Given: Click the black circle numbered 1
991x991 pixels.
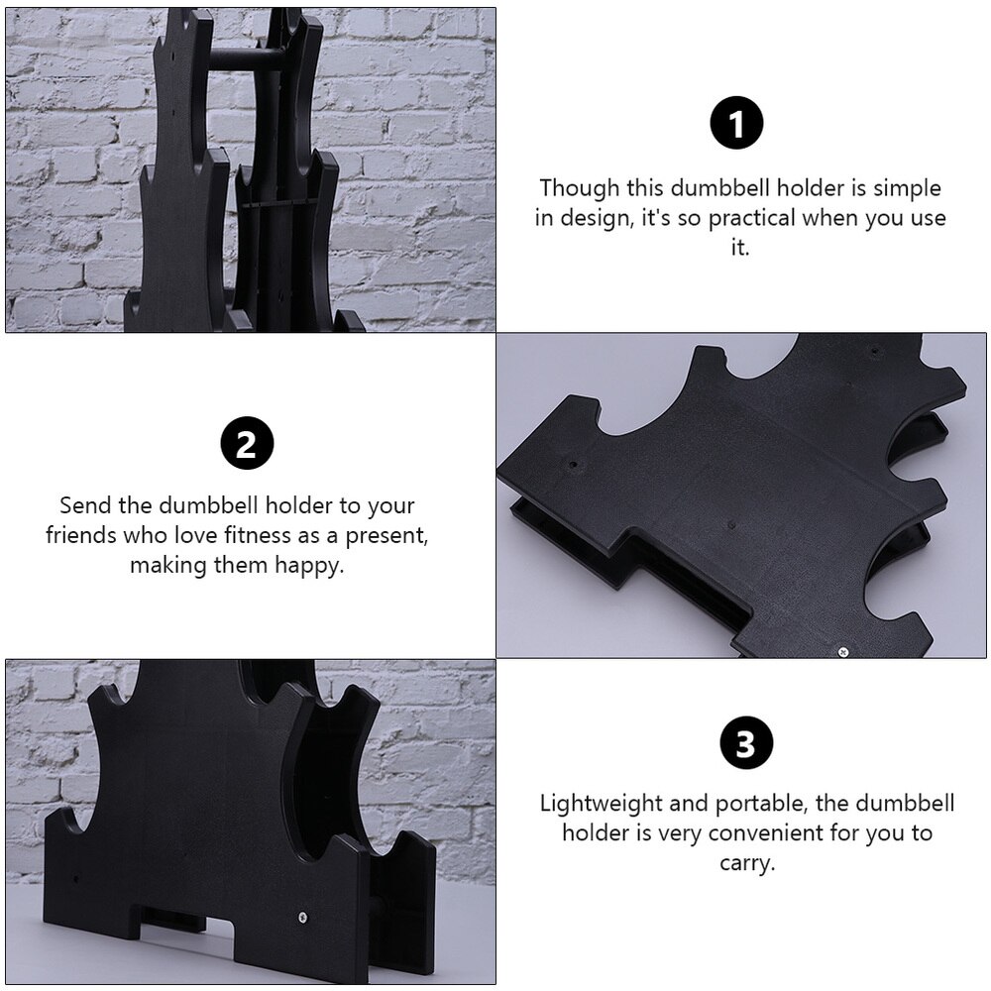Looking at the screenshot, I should tap(738, 126).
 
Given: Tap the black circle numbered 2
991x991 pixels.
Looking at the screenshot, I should tap(246, 444).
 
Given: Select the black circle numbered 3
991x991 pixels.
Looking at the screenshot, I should tap(745, 745).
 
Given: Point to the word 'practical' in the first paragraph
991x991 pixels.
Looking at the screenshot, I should tap(749, 218).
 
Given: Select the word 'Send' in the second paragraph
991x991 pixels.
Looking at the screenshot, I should tap(86, 506).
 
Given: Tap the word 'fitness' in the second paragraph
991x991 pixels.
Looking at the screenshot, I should tap(274, 536).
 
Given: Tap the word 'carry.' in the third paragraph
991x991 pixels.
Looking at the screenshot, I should tap(745, 863).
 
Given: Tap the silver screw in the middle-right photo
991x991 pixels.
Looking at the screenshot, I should tap(842, 651).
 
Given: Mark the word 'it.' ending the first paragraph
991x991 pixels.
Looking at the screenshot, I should tap(740, 248).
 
